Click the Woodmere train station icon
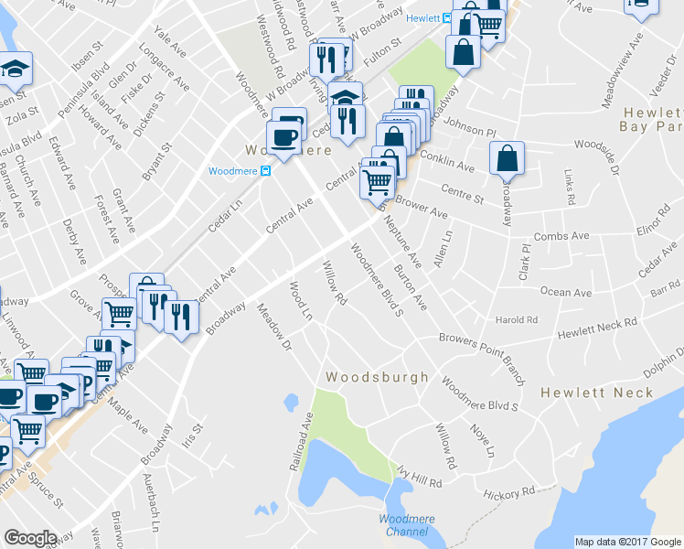pos(265,171)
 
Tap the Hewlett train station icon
pos(447,17)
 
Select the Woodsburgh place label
pos(378,377)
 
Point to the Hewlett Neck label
pos(596,393)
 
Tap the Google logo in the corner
pos(30,538)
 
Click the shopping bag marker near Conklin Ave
pos(506,159)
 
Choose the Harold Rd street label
pos(516,320)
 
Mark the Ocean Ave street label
pos(566,293)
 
